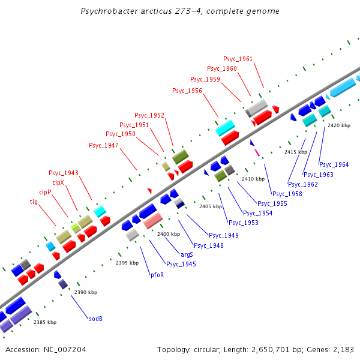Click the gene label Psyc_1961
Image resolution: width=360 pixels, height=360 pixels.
(238, 59)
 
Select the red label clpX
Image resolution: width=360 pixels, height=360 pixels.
(58, 182)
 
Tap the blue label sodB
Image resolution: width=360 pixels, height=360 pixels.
(96, 319)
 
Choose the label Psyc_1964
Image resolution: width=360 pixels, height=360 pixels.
(334, 164)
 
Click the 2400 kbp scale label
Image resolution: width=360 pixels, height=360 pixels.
(169, 234)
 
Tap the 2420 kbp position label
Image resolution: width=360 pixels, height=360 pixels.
(339, 125)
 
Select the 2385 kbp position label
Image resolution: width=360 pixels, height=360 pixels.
(45, 322)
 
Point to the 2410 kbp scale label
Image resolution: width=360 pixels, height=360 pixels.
(253, 179)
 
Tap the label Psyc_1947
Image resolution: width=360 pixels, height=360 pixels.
(104, 145)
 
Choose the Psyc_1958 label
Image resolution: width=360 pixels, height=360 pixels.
(287, 194)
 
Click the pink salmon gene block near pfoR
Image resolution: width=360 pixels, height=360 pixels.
(152, 221)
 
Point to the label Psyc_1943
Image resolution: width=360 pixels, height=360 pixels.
(64, 173)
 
